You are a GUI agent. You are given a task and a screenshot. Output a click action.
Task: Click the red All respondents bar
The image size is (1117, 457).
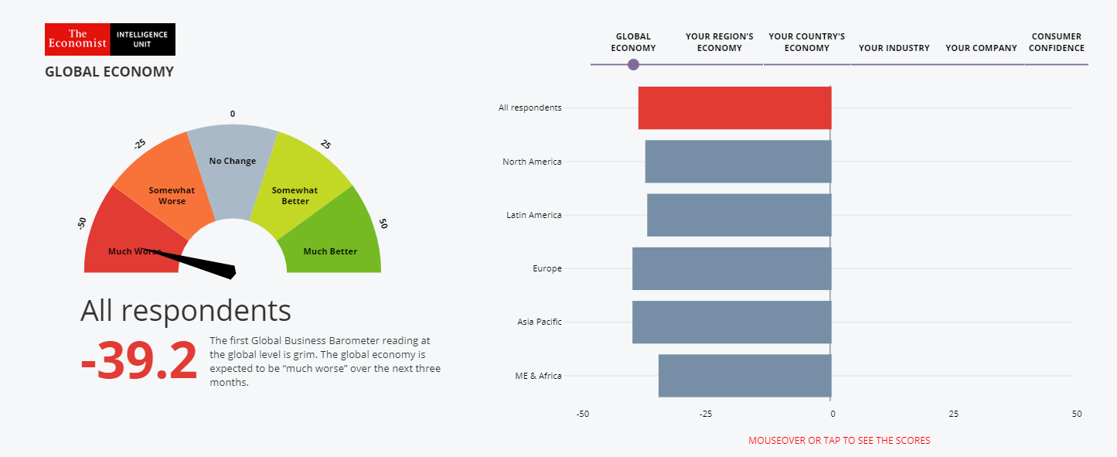734,107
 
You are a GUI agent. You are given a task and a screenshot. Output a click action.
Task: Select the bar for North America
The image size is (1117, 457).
738,162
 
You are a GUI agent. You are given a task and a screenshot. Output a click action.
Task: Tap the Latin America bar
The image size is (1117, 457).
739,215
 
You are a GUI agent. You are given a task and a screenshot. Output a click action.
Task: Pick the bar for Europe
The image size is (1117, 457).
731,268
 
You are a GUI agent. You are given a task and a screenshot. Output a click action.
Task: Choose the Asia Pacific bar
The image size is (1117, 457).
731,322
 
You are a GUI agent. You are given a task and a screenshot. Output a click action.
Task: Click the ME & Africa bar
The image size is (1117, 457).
744,376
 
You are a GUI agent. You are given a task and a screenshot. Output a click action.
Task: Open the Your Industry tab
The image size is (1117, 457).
894,48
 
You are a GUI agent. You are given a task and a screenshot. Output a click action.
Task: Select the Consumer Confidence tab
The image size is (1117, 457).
1057,43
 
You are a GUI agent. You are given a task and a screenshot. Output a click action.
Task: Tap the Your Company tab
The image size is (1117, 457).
981,48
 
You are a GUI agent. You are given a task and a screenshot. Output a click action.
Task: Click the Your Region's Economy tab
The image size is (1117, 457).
719,43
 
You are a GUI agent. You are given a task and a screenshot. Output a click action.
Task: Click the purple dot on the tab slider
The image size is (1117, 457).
633,64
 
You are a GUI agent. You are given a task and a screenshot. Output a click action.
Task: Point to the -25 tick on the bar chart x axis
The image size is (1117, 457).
705,414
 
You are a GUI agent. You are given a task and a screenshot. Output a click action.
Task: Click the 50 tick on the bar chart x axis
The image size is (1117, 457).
1076,414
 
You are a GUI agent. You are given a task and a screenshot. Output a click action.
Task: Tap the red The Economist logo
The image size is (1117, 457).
77,39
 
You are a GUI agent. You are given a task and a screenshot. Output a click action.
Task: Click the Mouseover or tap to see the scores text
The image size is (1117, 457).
839,441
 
